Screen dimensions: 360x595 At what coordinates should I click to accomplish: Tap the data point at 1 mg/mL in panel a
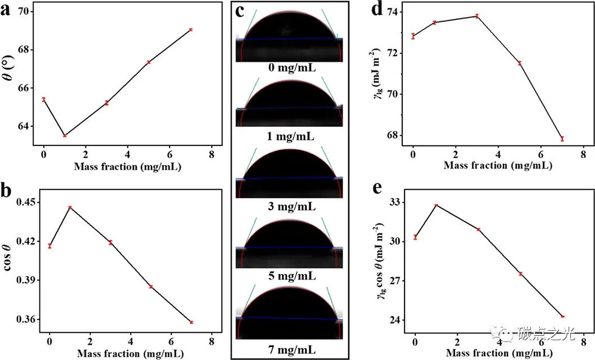point(65,135)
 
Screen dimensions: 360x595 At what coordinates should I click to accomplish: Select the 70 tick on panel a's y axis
point(26,12)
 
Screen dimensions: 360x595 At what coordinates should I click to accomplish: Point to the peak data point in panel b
point(70,207)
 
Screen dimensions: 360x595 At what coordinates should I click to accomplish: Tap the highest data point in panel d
point(477,16)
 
